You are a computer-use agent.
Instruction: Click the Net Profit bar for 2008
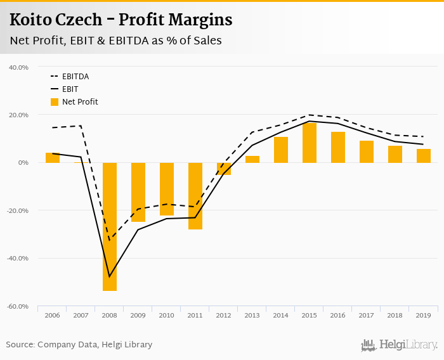(x=110, y=226)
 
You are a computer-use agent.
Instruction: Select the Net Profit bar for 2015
(x=310, y=143)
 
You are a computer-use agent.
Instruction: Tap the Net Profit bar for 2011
(x=195, y=196)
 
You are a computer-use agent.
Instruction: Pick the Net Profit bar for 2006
(x=53, y=158)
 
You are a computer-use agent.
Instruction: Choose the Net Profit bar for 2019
(x=424, y=156)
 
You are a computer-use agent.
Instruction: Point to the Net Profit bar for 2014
(x=281, y=150)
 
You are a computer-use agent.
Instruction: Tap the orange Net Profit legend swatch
(x=54, y=101)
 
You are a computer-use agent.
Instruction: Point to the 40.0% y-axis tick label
(x=19, y=67)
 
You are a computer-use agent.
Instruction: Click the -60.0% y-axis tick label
(x=18, y=306)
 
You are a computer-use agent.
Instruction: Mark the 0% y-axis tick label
(x=23, y=163)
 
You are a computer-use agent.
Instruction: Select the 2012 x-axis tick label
(x=224, y=315)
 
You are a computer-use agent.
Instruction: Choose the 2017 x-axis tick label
(x=367, y=315)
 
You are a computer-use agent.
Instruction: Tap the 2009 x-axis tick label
(x=138, y=315)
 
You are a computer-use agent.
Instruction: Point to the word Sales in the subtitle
(x=205, y=41)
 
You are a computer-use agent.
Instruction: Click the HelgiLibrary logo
(x=400, y=345)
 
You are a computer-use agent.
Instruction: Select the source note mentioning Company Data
(x=79, y=345)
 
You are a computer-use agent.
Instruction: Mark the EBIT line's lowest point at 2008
(x=110, y=276)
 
